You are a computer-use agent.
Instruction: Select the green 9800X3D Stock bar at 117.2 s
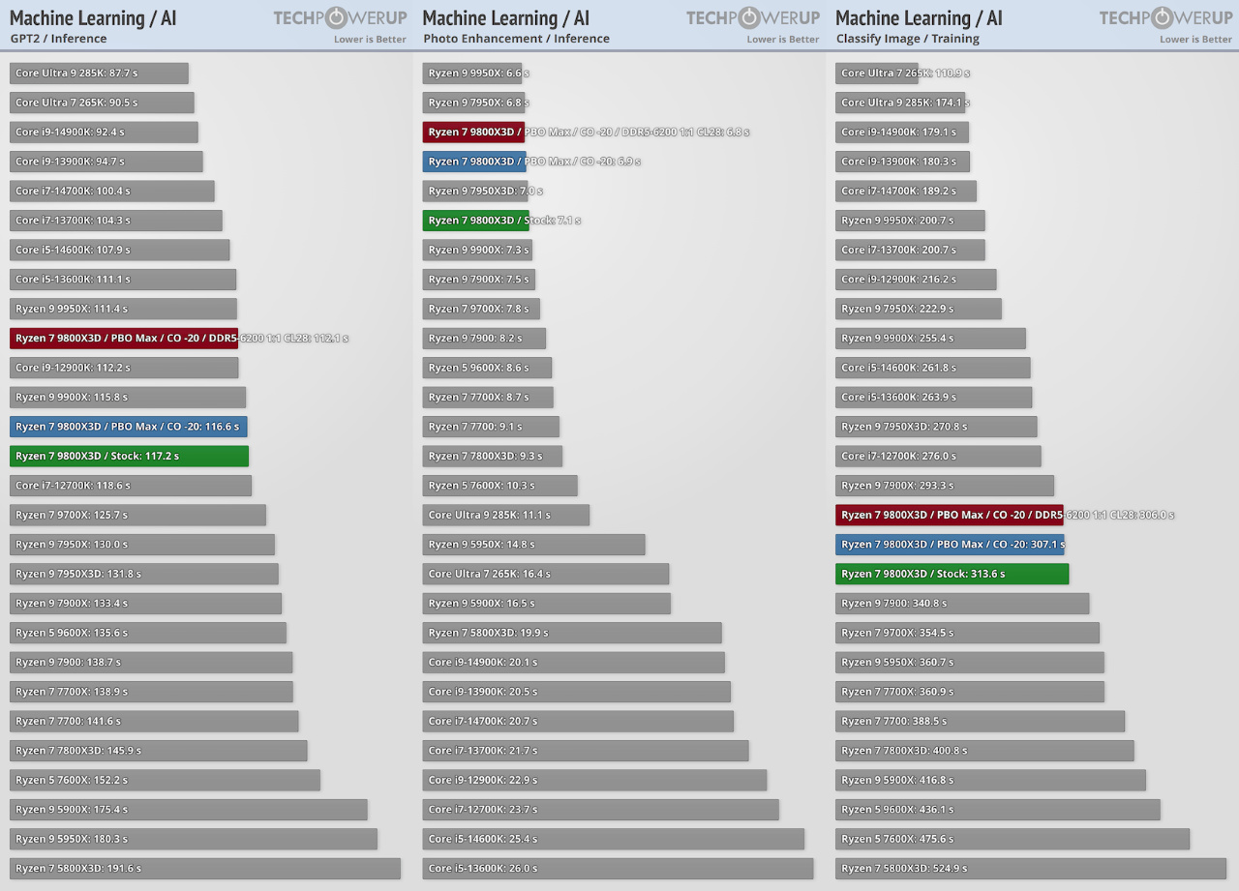pos(129,456)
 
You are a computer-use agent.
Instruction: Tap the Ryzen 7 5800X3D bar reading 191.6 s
pos(204,868)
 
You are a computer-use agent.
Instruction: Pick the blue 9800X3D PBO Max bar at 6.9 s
pos(474,162)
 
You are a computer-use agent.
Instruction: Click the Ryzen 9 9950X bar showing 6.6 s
pos(472,74)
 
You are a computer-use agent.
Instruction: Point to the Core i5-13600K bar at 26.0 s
pos(618,868)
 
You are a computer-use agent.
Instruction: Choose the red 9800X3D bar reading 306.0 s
pos(949,515)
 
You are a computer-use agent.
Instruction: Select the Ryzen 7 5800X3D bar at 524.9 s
pos(1030,868)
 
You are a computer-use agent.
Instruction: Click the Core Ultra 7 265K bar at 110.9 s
pos(877,74)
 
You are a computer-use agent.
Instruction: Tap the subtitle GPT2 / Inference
pos(58,39)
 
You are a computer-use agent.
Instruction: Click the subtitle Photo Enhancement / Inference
pos(516,39)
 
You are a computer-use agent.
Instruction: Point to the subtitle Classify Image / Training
pos(907,39)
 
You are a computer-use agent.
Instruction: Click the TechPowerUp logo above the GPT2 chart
pos(340,17)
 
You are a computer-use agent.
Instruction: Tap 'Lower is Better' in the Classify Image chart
pos(1195,40)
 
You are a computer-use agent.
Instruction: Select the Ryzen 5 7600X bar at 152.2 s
pos(165,780)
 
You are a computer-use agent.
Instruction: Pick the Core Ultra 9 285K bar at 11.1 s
pos(505,515)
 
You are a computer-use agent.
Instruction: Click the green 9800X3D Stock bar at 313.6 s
pos(952,574)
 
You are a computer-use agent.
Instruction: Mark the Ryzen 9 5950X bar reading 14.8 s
pos(533,544)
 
